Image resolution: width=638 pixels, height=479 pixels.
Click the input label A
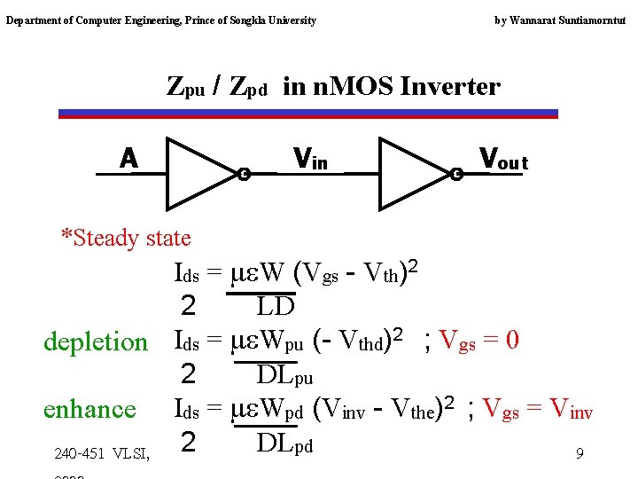(x=129, y=159)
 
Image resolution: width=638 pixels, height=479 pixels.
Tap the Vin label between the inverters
(x=310, y=160)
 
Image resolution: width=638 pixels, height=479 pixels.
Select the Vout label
(x=503, y=160)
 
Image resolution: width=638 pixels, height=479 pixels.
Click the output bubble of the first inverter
(x=245, y=174)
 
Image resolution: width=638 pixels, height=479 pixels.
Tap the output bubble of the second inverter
(x=457, y=174)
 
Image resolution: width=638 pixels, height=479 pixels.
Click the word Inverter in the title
(x=451, y=87)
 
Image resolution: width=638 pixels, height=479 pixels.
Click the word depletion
(x=96, y=342)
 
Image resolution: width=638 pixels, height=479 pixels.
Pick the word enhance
(x=89, y=409)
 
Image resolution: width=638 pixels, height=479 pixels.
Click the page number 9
(x=579, y=454)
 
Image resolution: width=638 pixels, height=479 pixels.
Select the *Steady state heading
(x=126, y=238)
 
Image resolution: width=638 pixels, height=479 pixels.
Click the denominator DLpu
(x=284, y=374)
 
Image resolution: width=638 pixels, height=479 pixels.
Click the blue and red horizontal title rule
(x=308, y=114)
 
